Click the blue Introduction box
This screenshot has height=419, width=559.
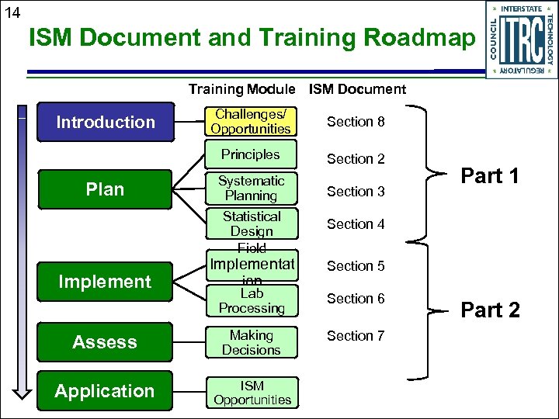tap(106, 122)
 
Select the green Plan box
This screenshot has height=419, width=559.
tap(106, 190)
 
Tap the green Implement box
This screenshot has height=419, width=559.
tap(106, 282)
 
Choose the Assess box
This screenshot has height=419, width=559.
tap(106, 342)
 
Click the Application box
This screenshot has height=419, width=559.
tap(106, 391)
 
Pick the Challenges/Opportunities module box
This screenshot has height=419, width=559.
tap(251, 122)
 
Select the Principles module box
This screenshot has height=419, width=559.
tap(251, 154)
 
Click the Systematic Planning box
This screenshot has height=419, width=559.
tap(251, 189)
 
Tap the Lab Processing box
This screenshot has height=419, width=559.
tap(251, 301)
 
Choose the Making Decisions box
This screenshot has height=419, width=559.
tap(251, 342)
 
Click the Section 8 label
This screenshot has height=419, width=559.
tap(356, 122)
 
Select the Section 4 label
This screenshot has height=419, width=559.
tap(356, 224)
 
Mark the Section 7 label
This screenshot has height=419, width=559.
tap(356, 336)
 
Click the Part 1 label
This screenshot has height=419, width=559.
tap(491, 176)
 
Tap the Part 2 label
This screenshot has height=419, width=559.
tap(491, 310)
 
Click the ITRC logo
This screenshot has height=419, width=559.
tap(521, 39)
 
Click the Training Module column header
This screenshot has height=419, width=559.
tap(241, 89)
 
